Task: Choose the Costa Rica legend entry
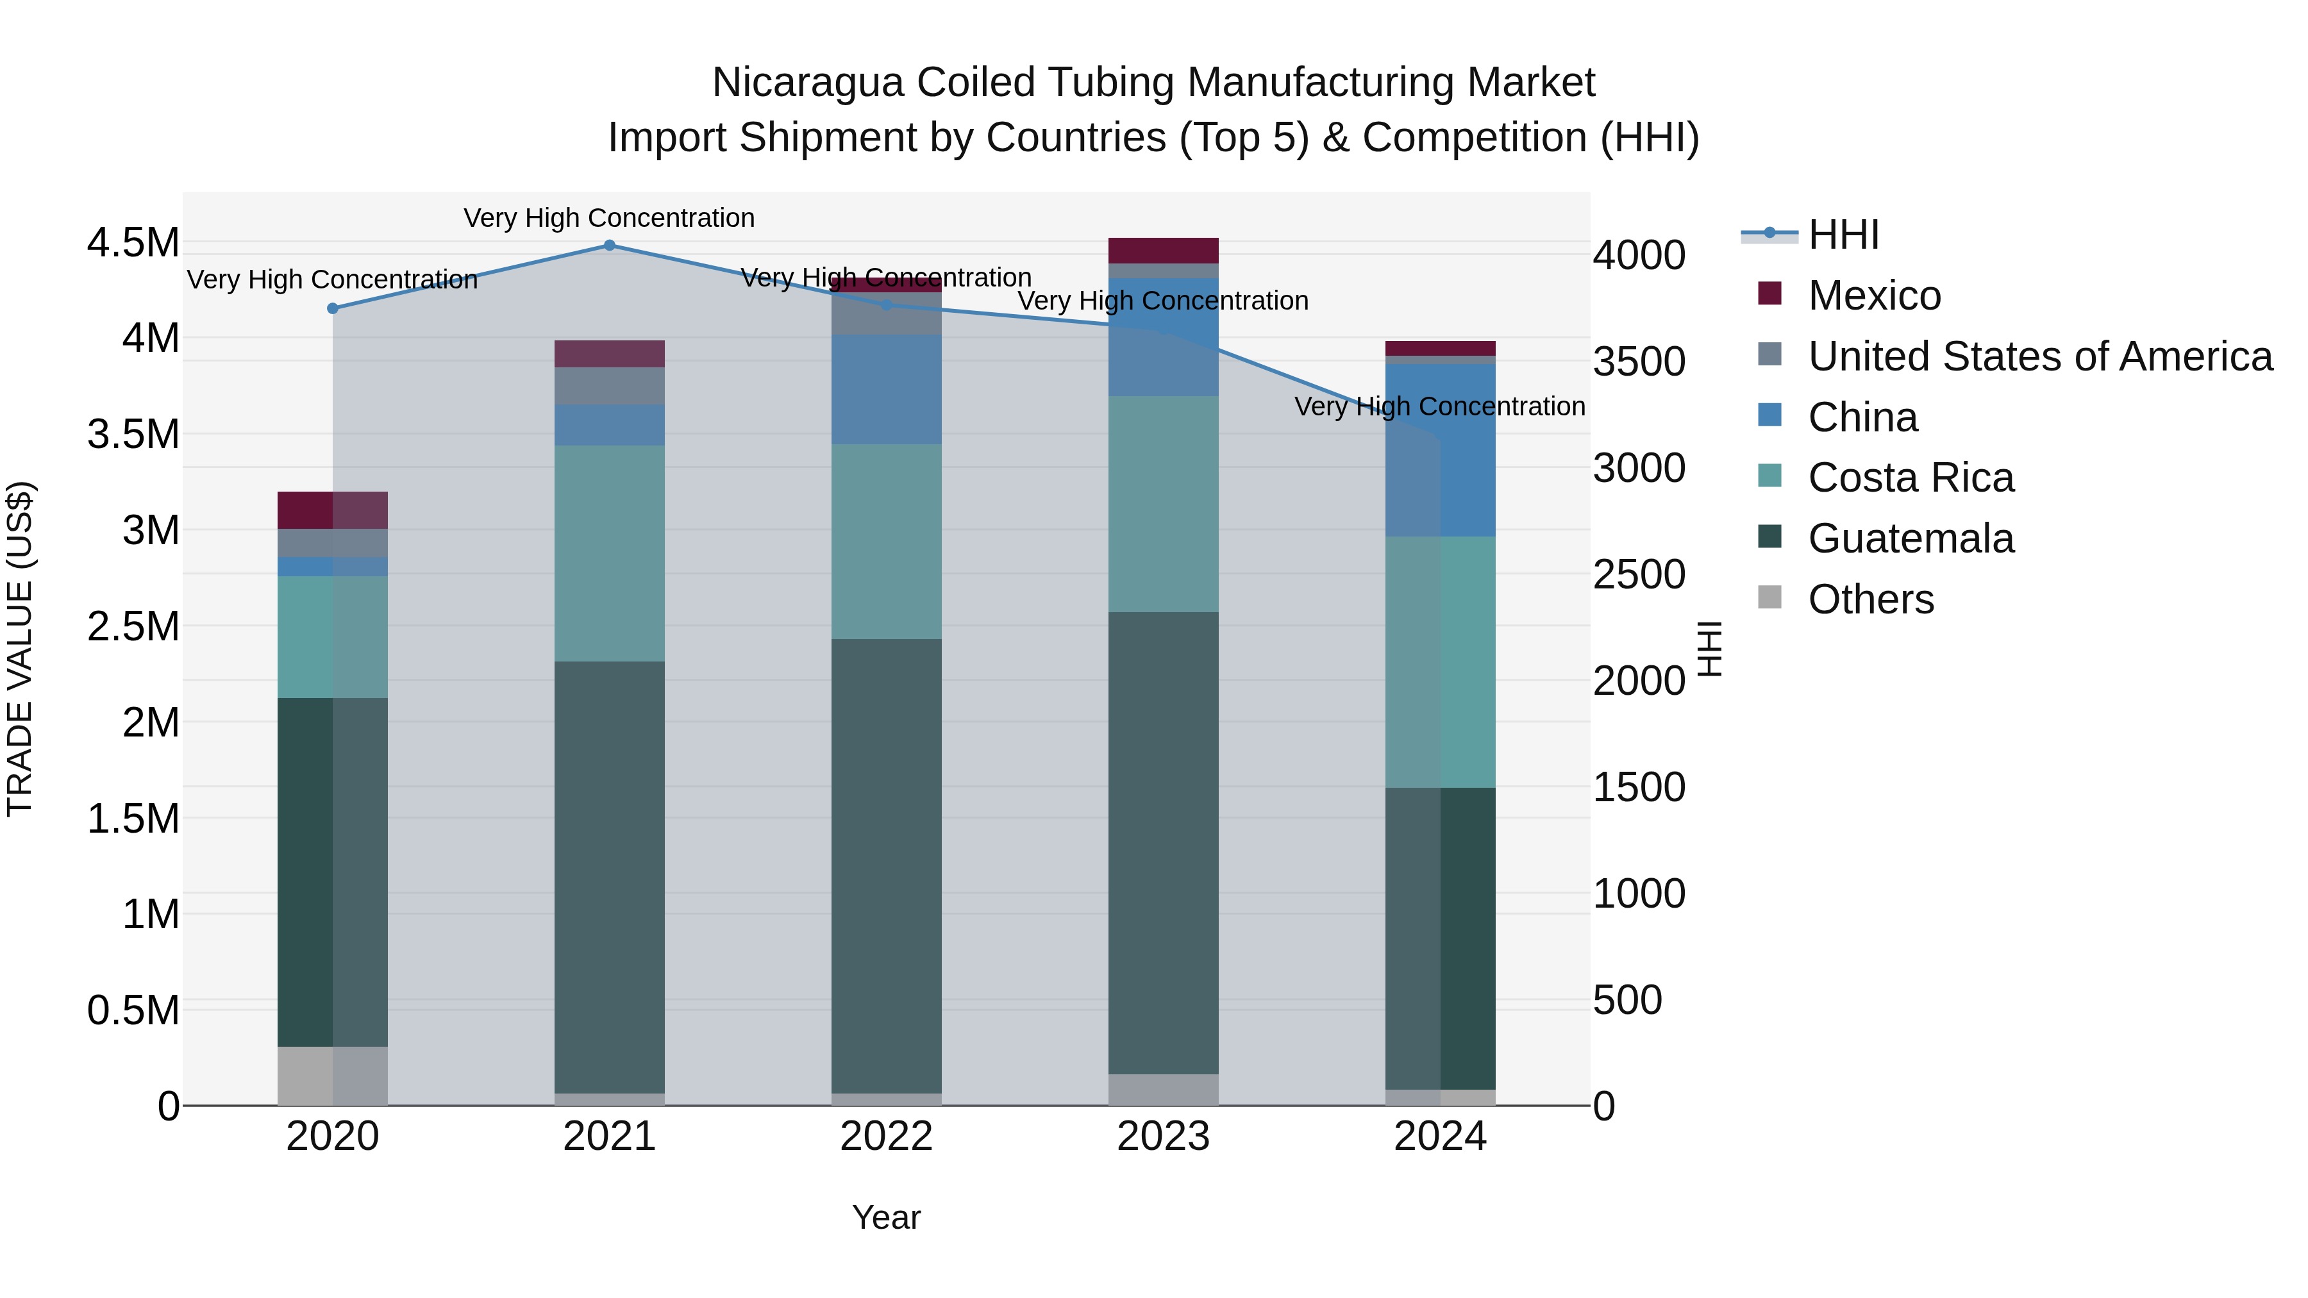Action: click(x=1911, y=478)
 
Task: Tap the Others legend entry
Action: click(x=1870, y=599)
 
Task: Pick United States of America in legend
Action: click(x=2039, y=356)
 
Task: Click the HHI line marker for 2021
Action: click(x=609, y=245)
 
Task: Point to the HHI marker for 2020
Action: click(x=332, y=308)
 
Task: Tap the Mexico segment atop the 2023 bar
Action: click(x=1163, y=250)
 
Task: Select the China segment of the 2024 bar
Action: click(x=1440, y=450)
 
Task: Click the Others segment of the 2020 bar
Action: click(x=332, y=1075)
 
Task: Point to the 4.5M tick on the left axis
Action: click(x=133, y=243)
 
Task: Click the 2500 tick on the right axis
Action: click(x=1639, y=574)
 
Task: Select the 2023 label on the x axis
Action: click(x=1163, y=1136)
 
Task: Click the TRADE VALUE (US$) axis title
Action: click(x=20, y=649)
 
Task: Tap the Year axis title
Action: click(x=886, y=1217)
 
